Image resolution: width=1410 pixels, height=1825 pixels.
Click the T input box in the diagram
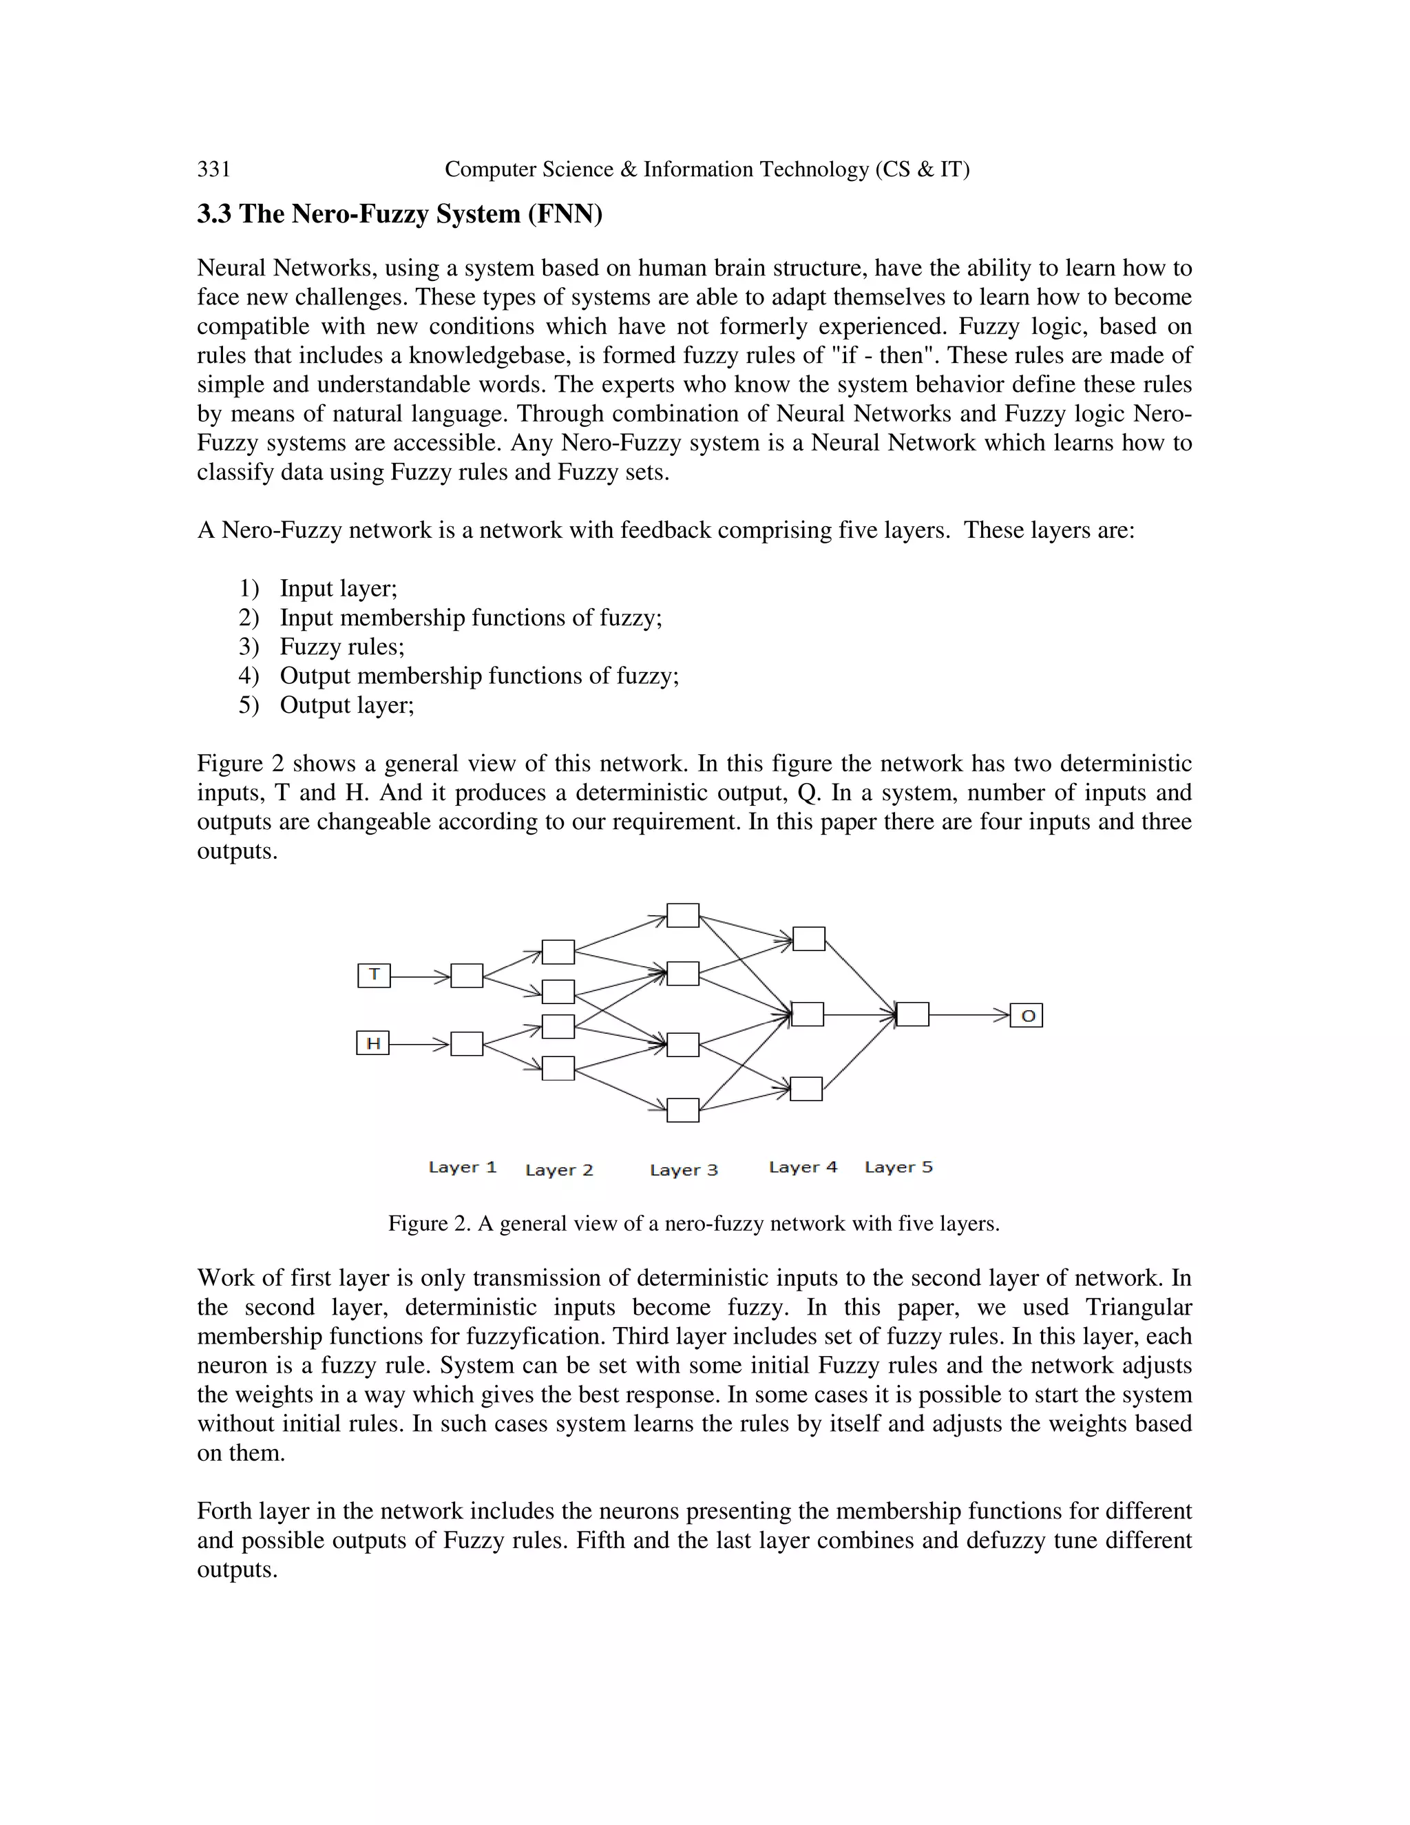tap(373, 975)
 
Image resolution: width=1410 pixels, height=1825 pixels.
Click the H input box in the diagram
tap(372, 1043)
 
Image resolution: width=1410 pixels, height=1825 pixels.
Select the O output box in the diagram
tap(1027, 1015)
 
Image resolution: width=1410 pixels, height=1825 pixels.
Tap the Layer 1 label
tap(462, 1167)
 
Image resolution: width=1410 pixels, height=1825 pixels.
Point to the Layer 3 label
tap(683, 1169)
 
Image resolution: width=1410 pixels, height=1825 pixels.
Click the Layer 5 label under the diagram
tap(898, 1167)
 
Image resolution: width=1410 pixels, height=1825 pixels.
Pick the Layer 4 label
tap(803, 1167)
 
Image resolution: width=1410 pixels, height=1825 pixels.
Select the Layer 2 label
tap(559, 1169)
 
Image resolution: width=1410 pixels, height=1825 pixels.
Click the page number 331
tap(214, 169)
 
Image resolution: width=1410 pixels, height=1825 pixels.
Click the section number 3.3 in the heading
tap(215, 215)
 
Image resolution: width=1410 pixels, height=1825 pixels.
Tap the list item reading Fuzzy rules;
tap(341, 647)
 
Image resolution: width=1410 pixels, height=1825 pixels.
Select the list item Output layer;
tap(347, 705)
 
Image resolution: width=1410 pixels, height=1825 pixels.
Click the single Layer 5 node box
tap(912, 1014)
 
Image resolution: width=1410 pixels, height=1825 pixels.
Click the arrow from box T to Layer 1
tap(420, 975)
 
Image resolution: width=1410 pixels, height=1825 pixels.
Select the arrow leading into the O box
tap(969, 1015)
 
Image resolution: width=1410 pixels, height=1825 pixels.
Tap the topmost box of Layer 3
tap(682, 915)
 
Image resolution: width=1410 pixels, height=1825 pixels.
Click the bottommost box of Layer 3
tap(682, 1109)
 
